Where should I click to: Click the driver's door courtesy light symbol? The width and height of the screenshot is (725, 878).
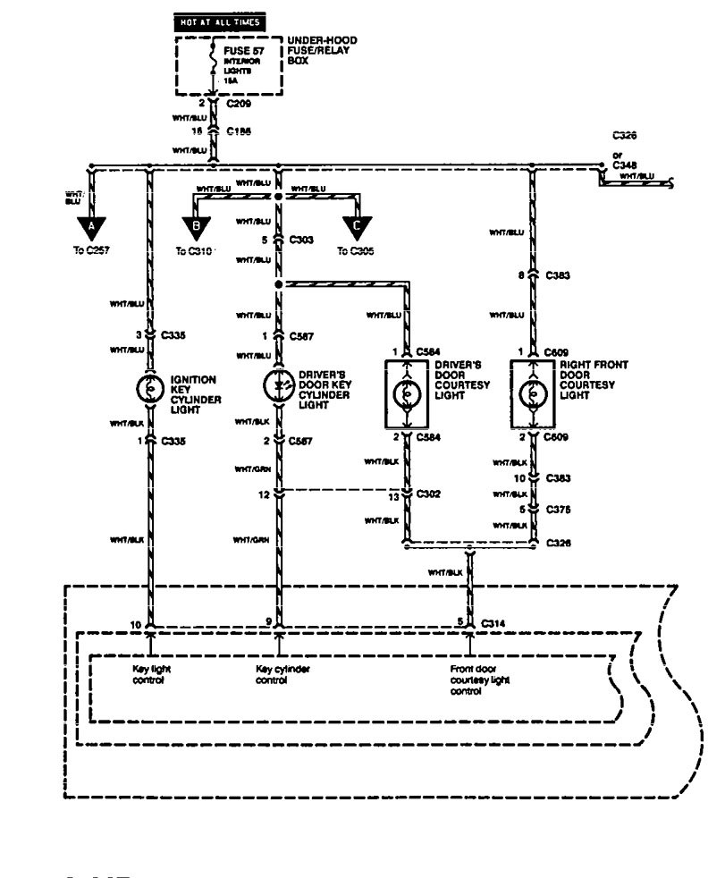[x=407, y=393]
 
